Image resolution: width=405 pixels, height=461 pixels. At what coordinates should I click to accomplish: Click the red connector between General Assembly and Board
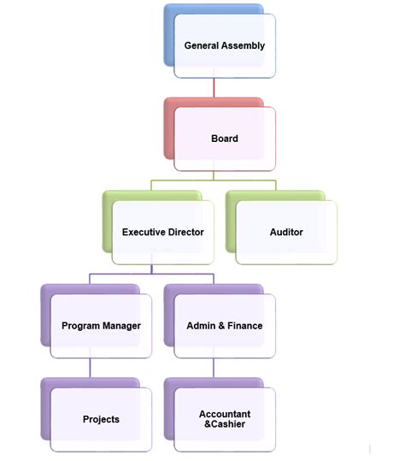click(214, 87)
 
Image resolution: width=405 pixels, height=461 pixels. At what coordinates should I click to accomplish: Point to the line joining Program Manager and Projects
click(91, 368)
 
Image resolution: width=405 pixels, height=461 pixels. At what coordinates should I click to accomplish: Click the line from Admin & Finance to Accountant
click(214, 368)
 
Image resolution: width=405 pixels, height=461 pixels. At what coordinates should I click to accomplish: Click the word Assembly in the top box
click(243, 45)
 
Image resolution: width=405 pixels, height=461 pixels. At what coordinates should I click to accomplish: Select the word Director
click(186, 232)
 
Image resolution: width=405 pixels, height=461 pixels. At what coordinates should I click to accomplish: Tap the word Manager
click(121, 326)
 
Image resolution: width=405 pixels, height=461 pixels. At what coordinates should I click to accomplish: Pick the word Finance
click(245, 326)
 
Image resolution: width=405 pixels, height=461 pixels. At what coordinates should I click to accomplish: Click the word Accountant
click(225, 414)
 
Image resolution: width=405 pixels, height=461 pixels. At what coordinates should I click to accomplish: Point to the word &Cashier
click(225, 424)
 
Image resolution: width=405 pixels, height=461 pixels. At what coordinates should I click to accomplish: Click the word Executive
click(144, 232)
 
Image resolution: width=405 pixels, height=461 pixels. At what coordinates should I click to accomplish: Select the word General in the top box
click(202, 45)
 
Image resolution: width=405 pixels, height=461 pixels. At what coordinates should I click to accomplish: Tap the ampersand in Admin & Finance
click(221, 326)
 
